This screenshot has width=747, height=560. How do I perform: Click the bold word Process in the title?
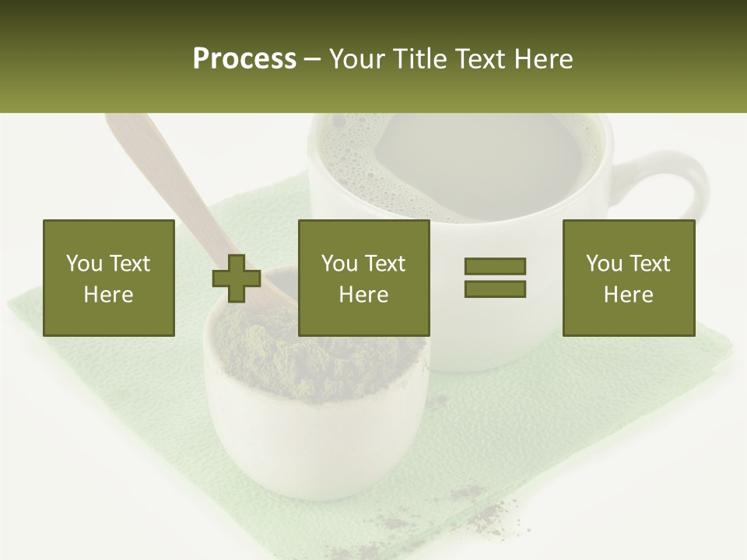click(244, 59)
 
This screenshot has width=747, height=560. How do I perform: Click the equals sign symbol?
click(495, 278)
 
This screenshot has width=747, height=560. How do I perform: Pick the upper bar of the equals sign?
click(495, 267)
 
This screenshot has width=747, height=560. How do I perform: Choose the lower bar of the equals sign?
click(495, 289)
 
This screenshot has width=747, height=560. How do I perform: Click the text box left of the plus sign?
click(109, 278)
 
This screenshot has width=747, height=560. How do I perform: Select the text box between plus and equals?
click(363, 278)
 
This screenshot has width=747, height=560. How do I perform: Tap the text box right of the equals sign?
click(628, 278)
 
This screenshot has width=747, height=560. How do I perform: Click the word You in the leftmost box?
click(84, 264)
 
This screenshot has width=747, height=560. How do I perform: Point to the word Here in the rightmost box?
click(628, 295)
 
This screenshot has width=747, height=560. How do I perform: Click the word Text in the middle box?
click(384, 264)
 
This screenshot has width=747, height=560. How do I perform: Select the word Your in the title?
click(357, 59)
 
